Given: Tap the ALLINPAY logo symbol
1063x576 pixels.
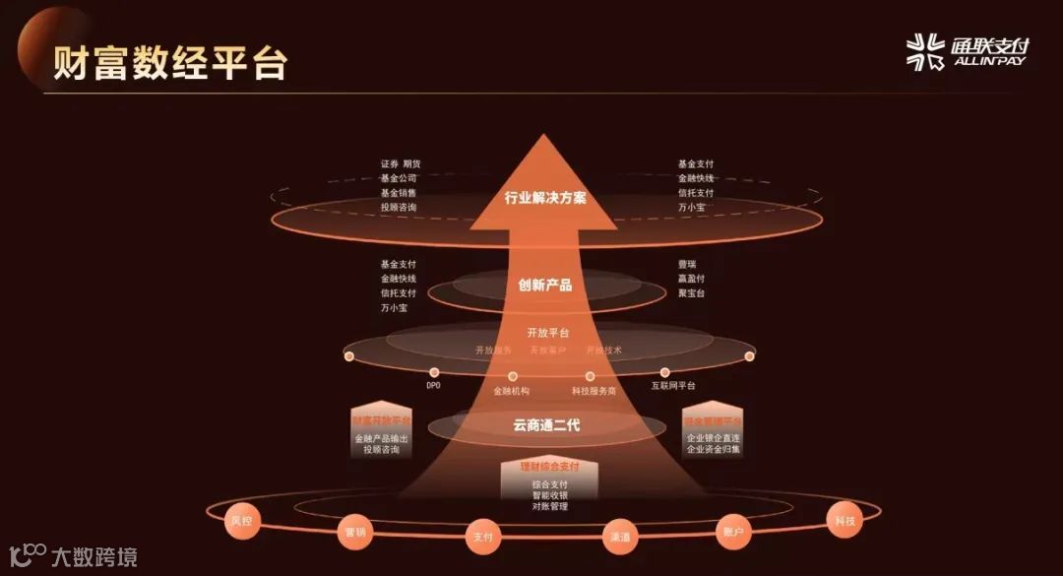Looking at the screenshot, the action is coord(924,51).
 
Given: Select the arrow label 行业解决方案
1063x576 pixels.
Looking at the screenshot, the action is coord(544,198).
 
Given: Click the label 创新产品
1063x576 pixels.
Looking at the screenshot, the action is coord(544,286).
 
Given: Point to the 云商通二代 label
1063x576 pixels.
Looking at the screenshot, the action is coord(545,426).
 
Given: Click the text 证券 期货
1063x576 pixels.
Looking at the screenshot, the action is coord(400,163).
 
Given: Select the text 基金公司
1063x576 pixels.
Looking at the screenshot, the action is coord(398,178).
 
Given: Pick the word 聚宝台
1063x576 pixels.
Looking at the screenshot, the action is coord(691,293).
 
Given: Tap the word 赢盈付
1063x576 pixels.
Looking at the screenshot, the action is coord(691,279).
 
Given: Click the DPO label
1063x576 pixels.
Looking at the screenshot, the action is coord(433,386).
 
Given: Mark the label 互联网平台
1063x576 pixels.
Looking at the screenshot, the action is coord(672,386).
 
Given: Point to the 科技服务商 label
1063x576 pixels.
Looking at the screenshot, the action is coord(594,391).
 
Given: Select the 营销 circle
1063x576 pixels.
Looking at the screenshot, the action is coord(354,532).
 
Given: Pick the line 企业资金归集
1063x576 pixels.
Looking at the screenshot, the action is coord(713,450).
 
